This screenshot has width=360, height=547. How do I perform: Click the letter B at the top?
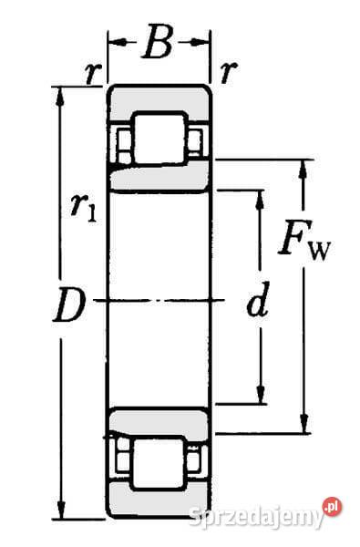tap(159, 44)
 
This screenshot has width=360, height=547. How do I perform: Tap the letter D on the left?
tap(69, 305)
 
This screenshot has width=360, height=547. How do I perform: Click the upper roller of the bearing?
tap(160, 139)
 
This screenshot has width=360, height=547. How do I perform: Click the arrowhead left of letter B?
tap(116, 42)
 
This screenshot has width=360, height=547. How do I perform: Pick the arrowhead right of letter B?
tap(204, 42)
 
